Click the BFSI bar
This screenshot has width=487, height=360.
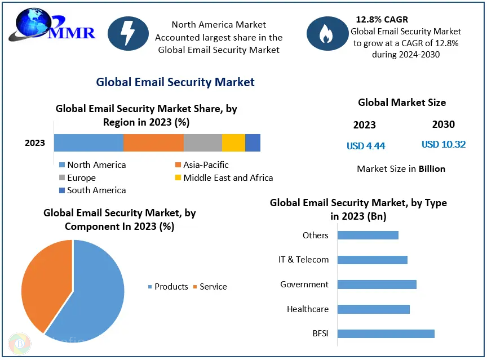[x=386, y=334]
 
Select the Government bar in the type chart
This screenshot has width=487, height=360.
[x=377, y=285]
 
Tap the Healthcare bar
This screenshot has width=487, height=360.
[x=374, y=309]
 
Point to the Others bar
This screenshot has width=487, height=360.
[x=368, y=235]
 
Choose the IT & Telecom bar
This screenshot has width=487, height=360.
[x=373, y=260]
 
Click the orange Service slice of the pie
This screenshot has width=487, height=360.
[x=42, y=285]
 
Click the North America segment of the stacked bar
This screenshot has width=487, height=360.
[x=88, y=143]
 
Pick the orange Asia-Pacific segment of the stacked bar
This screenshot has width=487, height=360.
[x=153, y=143]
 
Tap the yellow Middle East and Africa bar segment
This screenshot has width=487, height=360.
[x=233, y=143]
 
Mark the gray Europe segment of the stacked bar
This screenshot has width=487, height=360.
[x=203, y=143]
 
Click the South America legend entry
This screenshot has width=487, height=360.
[x=92, y=190]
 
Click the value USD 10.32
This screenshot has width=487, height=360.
[x=444, y=144]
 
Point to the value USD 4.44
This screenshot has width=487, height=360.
[x=366, y=146]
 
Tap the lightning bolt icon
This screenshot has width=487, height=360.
[x=129, y=33]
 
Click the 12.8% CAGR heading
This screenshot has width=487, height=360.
[x=382, y=20]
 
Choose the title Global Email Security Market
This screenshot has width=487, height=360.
[x=175, y=82]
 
